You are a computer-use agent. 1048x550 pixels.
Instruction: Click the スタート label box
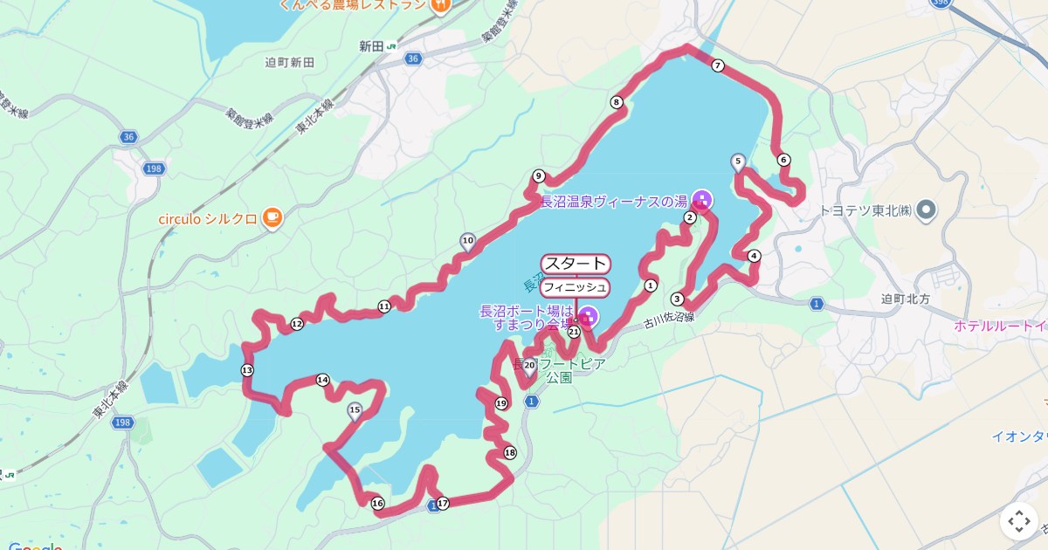(576, 264)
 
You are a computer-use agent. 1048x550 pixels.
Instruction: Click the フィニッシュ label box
(575, 287)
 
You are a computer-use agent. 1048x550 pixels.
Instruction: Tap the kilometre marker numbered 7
(718, 65)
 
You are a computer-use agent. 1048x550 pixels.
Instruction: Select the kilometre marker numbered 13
(247, 370)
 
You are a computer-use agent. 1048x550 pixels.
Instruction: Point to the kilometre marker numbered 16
(377, 503)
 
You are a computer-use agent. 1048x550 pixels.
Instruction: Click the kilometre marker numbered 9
(539, 175)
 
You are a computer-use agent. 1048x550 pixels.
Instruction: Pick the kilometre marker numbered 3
(677, 299)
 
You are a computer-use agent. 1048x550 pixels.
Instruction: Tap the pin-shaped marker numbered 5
(738, 162)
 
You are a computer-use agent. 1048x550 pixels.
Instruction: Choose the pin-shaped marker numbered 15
(355, 410)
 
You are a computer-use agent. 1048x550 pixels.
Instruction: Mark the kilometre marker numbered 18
(510, 452)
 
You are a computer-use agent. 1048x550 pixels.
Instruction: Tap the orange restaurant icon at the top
(440, 5)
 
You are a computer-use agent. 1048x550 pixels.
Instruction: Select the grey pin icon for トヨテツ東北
(927, 210)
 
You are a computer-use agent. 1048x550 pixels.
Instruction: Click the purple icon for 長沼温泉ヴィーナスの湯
(702, 201)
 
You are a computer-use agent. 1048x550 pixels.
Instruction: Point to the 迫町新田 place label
(290, 63)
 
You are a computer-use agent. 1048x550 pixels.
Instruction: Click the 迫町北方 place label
(908, 299)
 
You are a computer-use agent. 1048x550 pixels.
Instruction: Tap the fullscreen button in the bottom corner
(1019, 521)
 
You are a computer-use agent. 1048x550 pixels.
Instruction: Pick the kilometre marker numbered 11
(384, 306)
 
